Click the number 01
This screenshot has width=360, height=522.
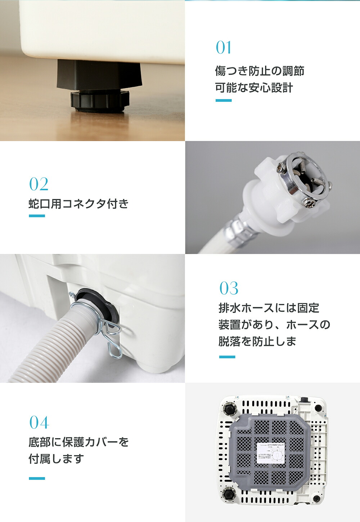click(224, 47)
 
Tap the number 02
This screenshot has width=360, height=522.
click(39, 184)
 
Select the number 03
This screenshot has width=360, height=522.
click(229, 288)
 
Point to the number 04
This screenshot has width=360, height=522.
click(39, 422)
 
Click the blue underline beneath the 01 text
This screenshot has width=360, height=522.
click(224, 101)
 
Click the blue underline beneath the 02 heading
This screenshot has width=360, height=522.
click(37, 216)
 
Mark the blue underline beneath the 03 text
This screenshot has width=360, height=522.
click(227, 357)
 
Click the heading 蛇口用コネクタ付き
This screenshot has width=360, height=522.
click(78, 204)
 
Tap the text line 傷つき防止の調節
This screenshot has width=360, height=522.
click(260, 71)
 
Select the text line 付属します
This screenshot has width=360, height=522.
click(56, 459)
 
